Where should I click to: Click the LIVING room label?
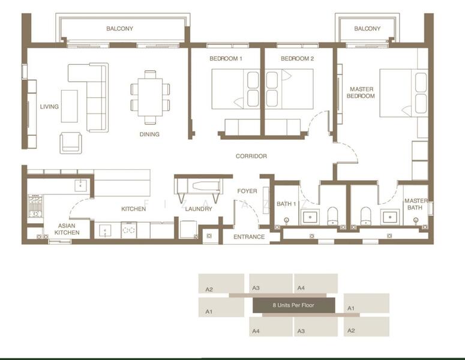[49, 106]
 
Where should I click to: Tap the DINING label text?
[149, 134]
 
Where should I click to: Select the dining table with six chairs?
[150, 97]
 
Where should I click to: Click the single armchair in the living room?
[71, 143]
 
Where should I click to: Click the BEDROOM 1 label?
[226, 59]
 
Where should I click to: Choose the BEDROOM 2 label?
[297, 59]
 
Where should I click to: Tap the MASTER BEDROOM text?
[361, 92]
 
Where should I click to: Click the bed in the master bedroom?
[404, 93]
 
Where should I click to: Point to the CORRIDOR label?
[251, 156]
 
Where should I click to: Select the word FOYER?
[247, 191]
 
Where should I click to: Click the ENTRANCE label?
[249, 237]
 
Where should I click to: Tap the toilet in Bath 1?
[333, 216]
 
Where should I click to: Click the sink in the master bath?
[389, 217]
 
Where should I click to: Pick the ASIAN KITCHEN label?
[67, 229]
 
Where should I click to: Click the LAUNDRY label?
[199, 209]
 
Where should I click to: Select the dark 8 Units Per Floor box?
[293, 305]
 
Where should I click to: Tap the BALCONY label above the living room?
[119, 28]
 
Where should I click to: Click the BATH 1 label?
[286, 204]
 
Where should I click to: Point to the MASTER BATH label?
[416, 205]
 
